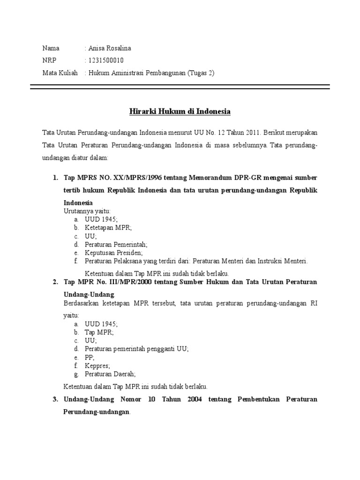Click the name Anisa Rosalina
[109, 48]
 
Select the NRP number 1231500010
[105, 60]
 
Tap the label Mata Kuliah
[60, 73]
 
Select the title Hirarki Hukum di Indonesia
[180, 112]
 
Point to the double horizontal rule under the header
[180, 87]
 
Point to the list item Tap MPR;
[99, 332]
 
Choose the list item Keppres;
[97, 366]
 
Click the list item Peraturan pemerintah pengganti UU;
[130, 349]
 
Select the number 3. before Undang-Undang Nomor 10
[55, 399]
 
